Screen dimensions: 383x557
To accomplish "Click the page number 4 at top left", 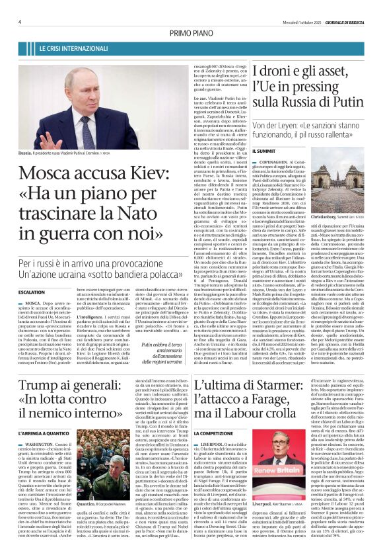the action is (20, 22).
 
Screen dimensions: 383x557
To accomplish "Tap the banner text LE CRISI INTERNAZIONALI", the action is (71, 49).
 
